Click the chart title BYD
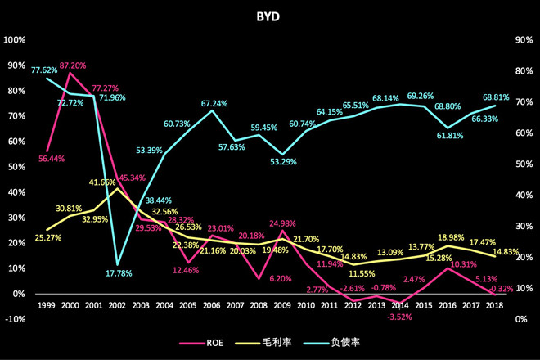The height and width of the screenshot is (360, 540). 270,15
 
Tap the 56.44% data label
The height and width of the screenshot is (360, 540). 49,158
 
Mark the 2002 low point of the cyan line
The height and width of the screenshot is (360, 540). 118,265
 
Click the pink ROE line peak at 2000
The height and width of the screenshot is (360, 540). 70,73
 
